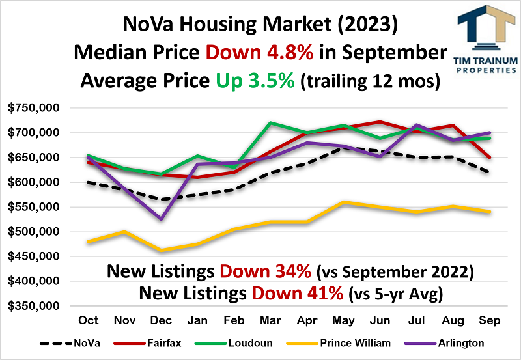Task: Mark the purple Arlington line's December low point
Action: [x=160, y=219]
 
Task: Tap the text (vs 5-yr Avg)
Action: [x=396, y=294]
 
